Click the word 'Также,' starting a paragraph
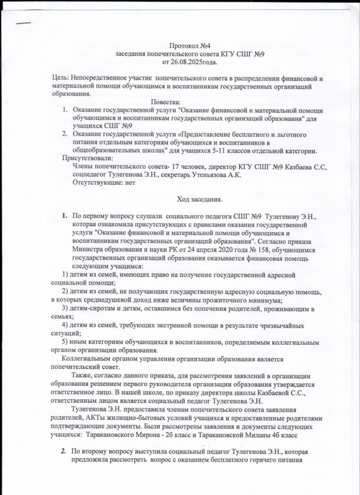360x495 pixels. (x=82, y=376)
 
